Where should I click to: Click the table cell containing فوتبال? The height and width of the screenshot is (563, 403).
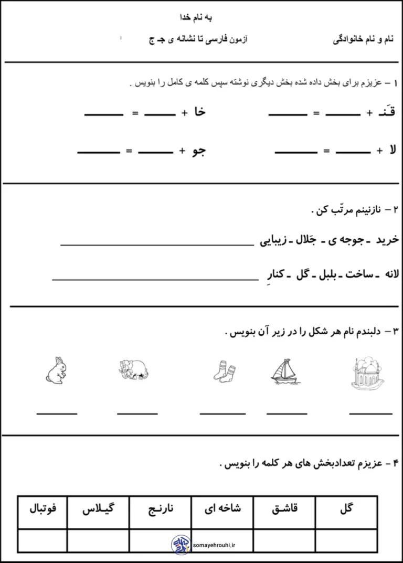point(43,508)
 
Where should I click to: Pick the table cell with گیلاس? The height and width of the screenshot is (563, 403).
point(98,508)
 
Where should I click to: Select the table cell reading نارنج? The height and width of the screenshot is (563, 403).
point(160,508)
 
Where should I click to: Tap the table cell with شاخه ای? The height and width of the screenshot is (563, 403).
point(222,508)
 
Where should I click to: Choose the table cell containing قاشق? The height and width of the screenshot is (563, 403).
point(284,508)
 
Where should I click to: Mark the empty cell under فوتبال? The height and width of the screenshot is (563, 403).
point(43,540)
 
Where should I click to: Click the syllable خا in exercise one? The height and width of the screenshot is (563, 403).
point(200,112)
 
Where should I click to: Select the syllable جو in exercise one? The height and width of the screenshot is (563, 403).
point(200,151)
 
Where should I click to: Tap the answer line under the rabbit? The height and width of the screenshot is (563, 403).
point(57,413)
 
